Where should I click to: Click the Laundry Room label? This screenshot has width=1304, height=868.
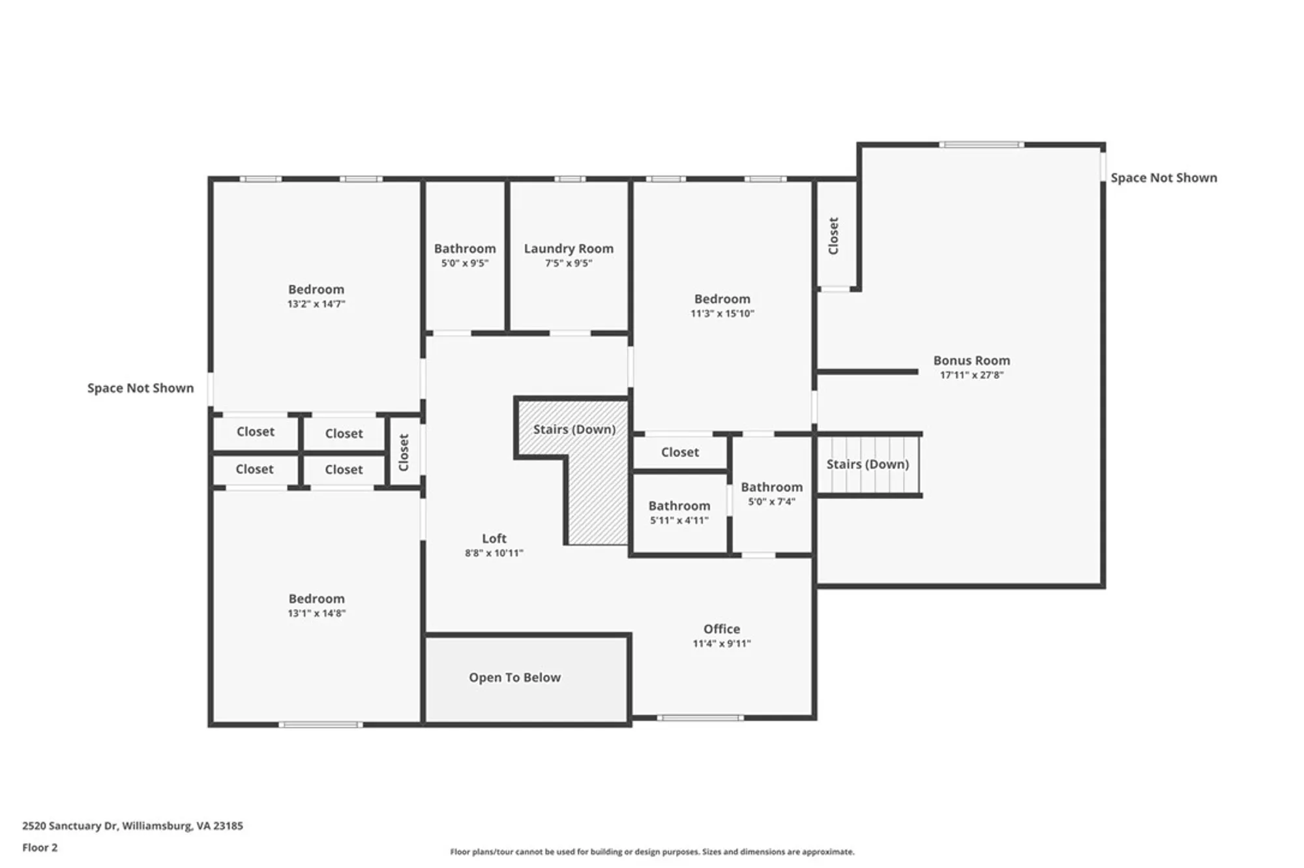pos(569,248)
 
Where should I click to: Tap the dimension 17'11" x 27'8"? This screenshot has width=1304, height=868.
pos(971,375)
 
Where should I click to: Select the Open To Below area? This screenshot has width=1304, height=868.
pos(514,678)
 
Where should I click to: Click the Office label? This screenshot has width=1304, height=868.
pos(721,629)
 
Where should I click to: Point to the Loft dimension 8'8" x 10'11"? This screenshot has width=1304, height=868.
pos(494,553)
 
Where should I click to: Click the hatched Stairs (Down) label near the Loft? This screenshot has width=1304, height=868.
pos(574,429)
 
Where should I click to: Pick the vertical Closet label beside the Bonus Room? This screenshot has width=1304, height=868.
pos(833,235)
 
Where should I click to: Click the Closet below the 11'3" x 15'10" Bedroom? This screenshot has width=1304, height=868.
pos(679,452)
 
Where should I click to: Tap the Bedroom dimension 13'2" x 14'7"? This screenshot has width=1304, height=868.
pos(316,304)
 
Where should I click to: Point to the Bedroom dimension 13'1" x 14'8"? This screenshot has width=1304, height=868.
pos(316,613)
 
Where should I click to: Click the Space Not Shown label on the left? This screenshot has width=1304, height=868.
pos(140,388)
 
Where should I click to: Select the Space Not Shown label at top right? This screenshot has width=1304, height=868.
pos(1163,178)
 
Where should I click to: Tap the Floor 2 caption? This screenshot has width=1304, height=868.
pos(40,848)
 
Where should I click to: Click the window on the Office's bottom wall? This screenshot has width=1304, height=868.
pos(700,718)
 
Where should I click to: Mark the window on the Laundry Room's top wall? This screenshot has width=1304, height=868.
pos(569,179)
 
